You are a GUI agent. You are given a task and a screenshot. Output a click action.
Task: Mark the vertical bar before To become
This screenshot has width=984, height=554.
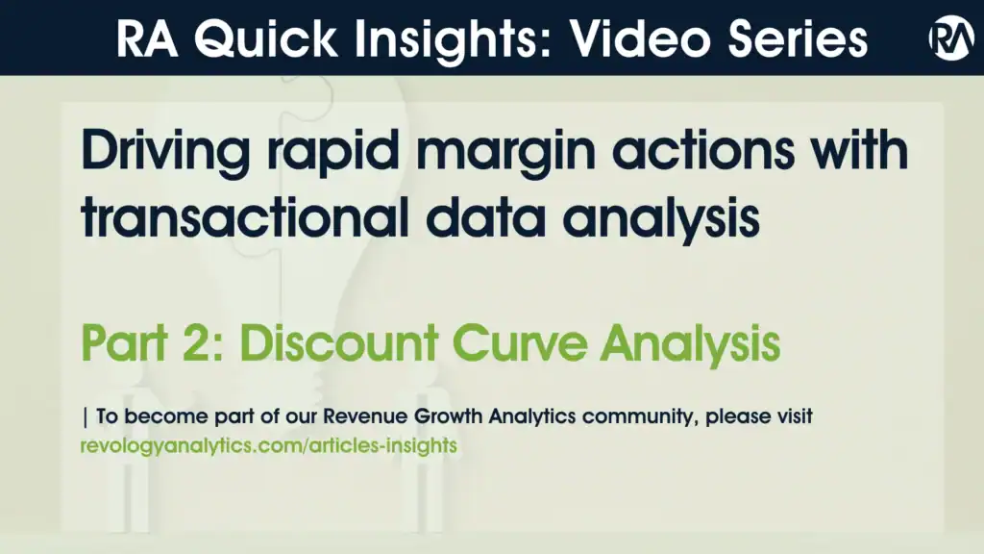coord(86,418)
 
